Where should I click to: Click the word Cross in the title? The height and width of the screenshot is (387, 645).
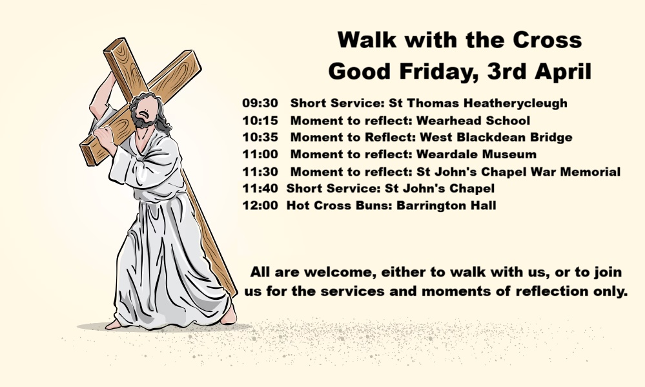click(547, 40)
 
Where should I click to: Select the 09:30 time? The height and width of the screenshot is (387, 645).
click(260, 103)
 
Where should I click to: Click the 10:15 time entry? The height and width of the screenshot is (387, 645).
click(260, 120)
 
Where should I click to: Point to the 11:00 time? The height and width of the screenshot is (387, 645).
click(260, 154)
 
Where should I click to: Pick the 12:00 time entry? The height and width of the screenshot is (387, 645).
click(260, 205)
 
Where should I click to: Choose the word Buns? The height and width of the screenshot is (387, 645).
click(371, 205)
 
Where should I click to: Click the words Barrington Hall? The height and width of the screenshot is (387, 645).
click(446, 206)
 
